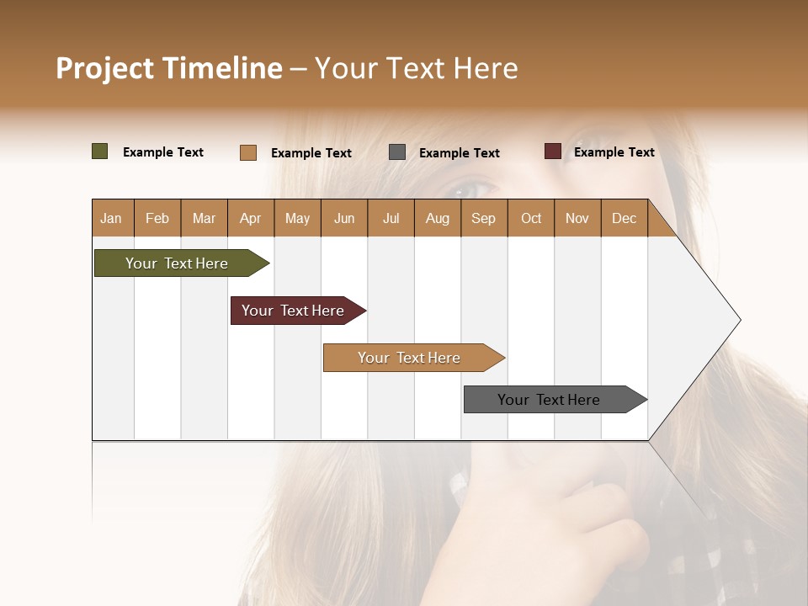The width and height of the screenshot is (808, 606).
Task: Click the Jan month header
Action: pyautogui.click(x=111, y=218)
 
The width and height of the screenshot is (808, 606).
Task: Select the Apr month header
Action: pyautogui.click(x=250, y=218)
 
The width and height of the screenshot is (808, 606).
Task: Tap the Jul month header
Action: pyautogui.click(x=391, y=218)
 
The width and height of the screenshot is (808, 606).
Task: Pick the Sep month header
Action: pyautogui.click(x=483, y=218)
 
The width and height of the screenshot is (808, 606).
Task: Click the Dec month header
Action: pyautogui.click(x=624, y=218)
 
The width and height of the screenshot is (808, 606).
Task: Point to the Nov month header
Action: pyautogui.click(x=577, y=218)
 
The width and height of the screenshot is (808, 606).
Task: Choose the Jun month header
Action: pyautogui.click(x=343, y=218)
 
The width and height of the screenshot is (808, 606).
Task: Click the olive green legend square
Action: pyautogui.click(x=99, y=151)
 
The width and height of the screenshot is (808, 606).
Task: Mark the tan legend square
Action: pyautogui.click(x=248, y=152)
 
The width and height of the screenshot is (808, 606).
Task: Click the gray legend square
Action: pyautogui.click(x=397, y=152)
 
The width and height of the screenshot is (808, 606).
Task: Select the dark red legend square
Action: pyautogui.click(x=552, y=151)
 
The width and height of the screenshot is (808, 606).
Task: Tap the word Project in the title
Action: pyautogui.click(x=104, y=68)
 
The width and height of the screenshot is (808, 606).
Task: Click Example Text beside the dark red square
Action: pyautogui.click(x=614, y=151)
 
